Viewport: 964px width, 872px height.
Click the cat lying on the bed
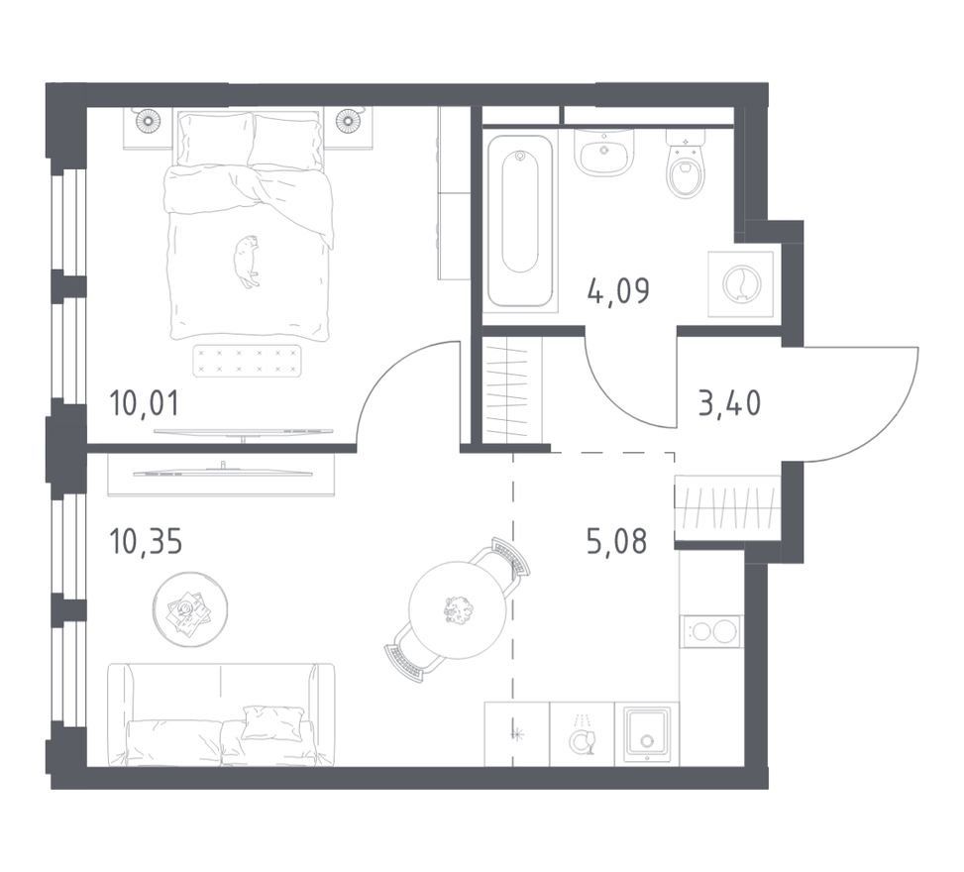[x=247, y=262]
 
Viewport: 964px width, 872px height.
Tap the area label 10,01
[x=144, y=403]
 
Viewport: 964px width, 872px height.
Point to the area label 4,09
[x=618, y=290]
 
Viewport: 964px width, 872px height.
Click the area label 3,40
[x=730, y=403]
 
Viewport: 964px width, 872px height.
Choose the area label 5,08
[x=616, y=541]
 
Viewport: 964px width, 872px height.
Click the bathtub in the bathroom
[x=520, y=220]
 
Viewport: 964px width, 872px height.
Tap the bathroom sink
[x=604, y=151]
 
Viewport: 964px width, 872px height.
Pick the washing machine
[x=740, y=283]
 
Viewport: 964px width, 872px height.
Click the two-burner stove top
[x=710, y=631]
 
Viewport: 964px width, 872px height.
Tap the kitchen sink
[x=646, y=734]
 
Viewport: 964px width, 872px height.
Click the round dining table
[x=458, y=609]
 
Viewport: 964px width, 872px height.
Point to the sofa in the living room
[x=221, y=714]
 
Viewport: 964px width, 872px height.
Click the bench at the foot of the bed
[x=248, y=361]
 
